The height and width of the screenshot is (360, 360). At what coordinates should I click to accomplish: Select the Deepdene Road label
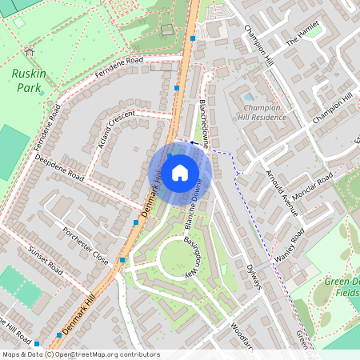tap(59, 166)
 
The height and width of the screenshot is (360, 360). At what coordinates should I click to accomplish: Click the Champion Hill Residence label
tap(263, 111)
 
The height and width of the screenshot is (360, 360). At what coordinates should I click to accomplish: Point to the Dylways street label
tap(254, 275)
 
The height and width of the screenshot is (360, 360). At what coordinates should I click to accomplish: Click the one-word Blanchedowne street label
tap(199, 125)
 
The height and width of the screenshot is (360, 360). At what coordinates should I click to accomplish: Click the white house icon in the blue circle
tap(180, 172)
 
